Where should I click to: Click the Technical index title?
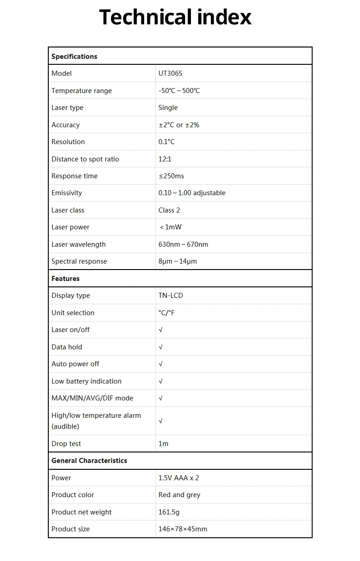175,17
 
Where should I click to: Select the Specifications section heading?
74,57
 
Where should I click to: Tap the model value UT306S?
170,73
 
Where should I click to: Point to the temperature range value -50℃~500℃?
179,91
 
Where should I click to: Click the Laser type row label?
67,108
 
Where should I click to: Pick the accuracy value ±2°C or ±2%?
179,125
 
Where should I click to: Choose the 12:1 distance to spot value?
165,159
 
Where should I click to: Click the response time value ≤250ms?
171,176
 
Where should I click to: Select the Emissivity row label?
67,193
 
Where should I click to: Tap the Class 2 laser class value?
169,210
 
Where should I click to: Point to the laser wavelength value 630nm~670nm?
183,244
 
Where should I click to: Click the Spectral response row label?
79,261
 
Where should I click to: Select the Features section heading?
66,279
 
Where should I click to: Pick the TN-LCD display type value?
171,296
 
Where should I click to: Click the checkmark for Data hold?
160,347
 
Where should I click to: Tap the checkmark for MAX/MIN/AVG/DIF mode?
160,398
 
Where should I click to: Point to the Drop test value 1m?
164,444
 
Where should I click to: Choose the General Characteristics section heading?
89,461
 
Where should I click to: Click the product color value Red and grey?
180,495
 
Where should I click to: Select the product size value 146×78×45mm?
183,529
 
